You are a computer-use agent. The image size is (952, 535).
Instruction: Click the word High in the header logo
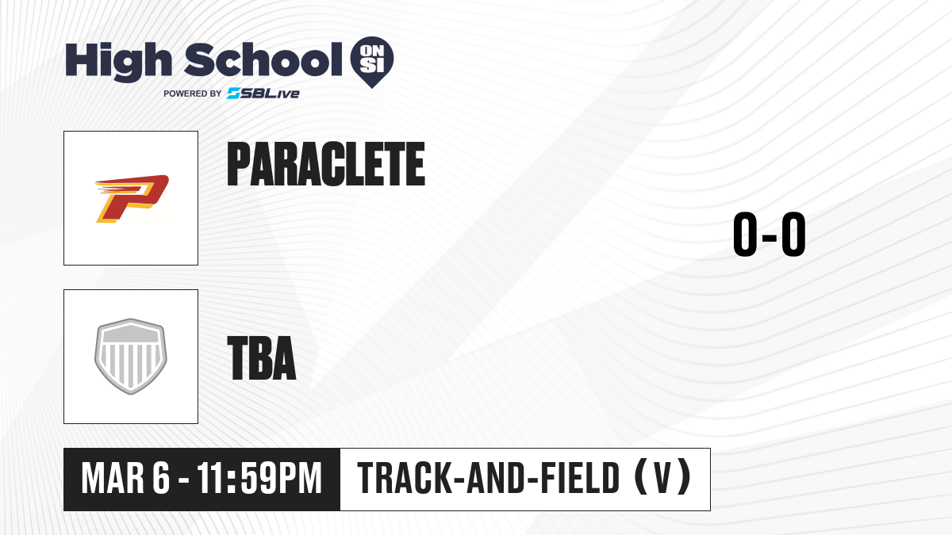tap(118, 62)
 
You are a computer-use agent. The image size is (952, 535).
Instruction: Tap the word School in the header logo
tap(263, 59)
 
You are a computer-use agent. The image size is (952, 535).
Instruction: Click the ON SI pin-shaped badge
tap(372, 62)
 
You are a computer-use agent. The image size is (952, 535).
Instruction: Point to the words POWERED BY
tap(193, 94)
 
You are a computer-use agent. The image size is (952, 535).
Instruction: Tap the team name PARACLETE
tap(326, 164)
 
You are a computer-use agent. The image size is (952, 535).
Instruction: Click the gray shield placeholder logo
tap(131, 356)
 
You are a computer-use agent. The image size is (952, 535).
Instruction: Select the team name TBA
tap(262, 357)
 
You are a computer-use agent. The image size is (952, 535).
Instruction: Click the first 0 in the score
tap(745, 234)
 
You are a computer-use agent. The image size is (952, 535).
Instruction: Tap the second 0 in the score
tap(793, 234)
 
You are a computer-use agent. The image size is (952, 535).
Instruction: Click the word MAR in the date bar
tap(113, 479)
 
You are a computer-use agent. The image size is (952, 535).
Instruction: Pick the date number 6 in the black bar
tap(161, 479)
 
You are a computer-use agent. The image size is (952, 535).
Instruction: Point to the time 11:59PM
tap(259, 479)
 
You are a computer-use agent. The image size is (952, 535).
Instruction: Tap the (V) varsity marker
tap(663, 478)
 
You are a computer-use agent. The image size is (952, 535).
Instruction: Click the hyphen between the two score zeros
tap(770, 237)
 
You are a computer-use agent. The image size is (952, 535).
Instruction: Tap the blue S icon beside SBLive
tap(234, 94)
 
